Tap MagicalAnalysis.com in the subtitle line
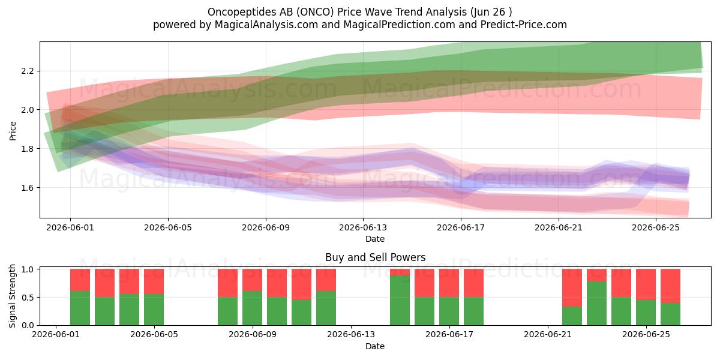point(266,25)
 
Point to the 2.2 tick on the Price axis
point(28,71)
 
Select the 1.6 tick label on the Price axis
point(28,188)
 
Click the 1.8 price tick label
point(28,149)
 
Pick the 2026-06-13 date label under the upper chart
point(363,227)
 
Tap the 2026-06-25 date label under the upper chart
point(656,227)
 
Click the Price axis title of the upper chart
point(13,131)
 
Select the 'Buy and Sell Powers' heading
point(375,257)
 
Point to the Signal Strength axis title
point(12,296)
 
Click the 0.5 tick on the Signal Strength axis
point(28,298)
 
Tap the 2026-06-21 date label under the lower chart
point(548,335)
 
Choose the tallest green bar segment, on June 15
point(400,300)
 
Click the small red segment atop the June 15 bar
point(400,272)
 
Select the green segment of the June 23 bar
point(596,303)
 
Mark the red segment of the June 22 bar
point(572,287)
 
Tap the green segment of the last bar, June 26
point(671,314)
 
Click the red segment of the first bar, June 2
point(80,280)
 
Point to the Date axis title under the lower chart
point(375,346)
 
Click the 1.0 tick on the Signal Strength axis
point(28,269)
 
